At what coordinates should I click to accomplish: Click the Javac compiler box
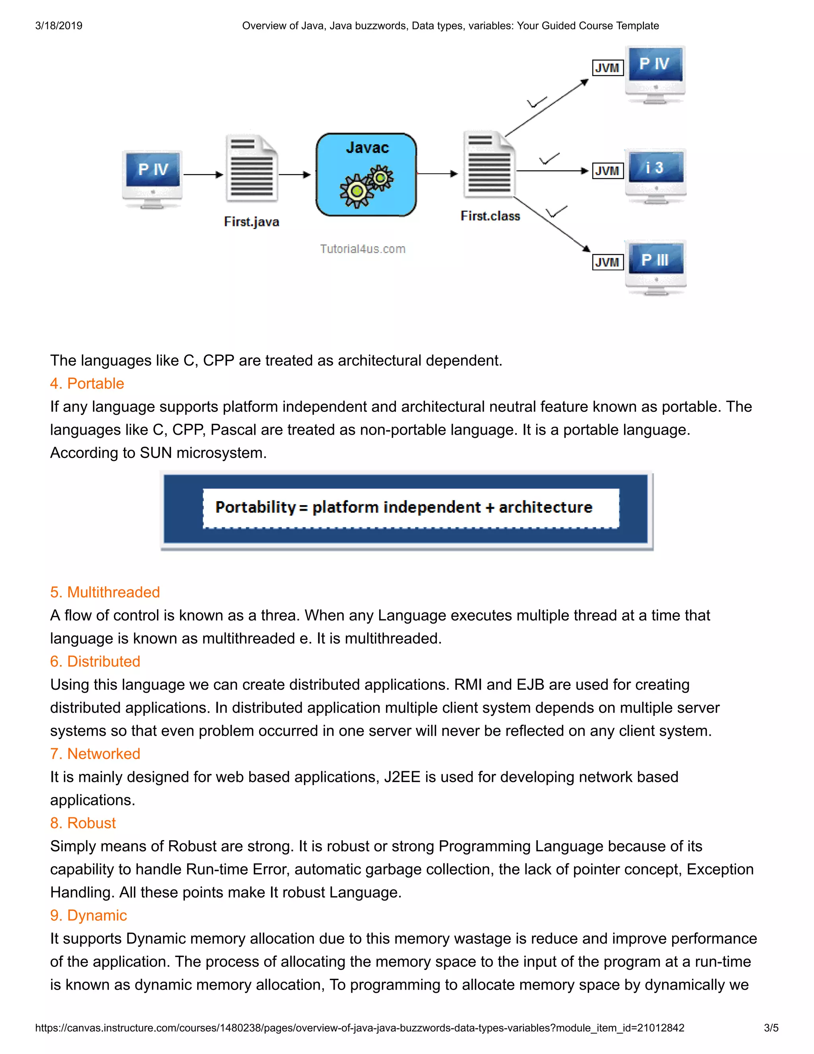click(366, 174)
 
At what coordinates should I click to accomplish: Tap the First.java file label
click(251, 222)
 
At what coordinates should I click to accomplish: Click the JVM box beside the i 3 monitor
click(607, 171)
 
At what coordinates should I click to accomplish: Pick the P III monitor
click(655, 266)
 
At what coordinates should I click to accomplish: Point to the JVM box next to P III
click(607, 262)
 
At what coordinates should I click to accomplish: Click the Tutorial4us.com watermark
click(362, 249)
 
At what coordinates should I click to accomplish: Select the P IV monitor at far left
click(152, 179)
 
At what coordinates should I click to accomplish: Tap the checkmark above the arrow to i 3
click(549, 159)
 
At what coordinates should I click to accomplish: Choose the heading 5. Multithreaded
click(105, 592)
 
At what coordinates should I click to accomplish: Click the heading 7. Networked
click(95, 753)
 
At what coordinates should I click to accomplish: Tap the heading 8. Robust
click(83, 823)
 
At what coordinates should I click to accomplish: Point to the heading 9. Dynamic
click(89, 915)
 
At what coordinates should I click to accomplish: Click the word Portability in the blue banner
click(255, 507)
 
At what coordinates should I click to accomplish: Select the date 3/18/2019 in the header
click(59, 25)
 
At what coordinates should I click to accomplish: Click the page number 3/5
click(771, 1027)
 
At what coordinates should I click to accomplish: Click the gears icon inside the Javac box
click(366, 186)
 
